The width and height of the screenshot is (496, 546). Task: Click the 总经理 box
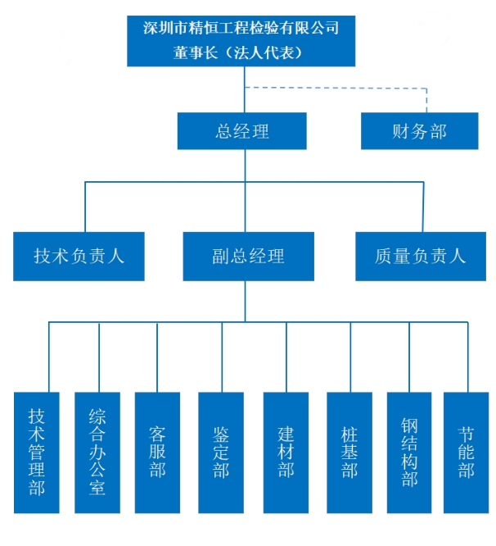click(241, 131)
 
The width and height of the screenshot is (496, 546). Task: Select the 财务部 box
click(419, 131)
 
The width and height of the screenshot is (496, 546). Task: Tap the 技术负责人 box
click(79, 256)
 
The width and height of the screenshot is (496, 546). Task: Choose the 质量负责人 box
click(420, 256)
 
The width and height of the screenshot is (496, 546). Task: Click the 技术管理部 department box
click(37, 453)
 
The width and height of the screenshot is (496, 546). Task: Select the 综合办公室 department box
click(97, 453)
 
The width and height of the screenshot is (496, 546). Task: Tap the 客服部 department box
click(157, 453)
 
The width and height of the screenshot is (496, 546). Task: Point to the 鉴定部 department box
click(221, 453)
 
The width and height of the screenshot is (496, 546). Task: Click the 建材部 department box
click(286, 453)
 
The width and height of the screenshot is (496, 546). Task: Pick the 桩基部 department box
click(349, 453)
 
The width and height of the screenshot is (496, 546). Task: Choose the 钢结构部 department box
click(409, 453)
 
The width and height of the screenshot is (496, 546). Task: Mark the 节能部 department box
click(467, 453)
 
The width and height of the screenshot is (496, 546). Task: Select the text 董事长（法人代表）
click(241, 52)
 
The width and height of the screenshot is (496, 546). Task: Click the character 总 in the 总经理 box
click(223, 131)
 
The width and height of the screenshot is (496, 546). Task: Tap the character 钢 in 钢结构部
click(409, 426)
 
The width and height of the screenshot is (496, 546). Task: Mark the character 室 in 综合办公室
click(97, 489)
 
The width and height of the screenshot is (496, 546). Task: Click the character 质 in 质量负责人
click(384, 256)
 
